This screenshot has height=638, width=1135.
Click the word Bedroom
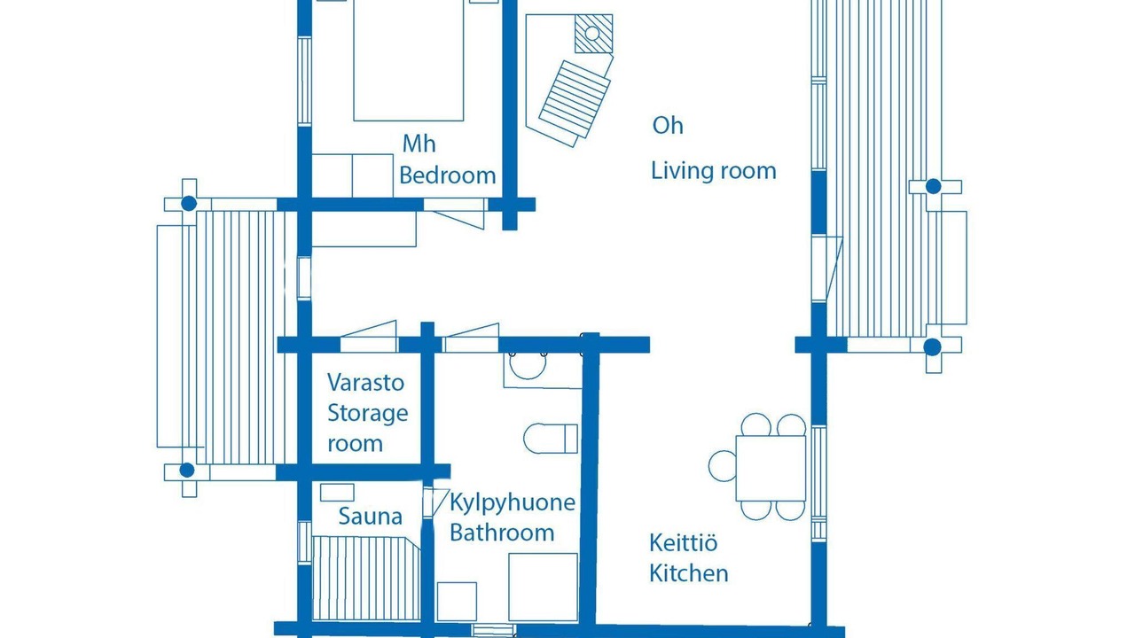coord(448,175)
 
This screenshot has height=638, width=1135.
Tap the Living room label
coord(714,171)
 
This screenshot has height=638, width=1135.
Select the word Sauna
coord(371,517)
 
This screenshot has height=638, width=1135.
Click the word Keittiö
coord(683,543)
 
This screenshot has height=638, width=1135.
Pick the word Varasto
coord(365,383)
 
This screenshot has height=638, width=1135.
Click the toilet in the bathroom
coord(551,439)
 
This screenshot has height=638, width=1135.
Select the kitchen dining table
coord(771,469)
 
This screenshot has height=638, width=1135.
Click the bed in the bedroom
coord(409,60)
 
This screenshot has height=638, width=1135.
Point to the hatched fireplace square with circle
coord(593,34)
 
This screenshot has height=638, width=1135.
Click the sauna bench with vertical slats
coord(366,579)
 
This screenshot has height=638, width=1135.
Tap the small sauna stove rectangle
coord(337,493)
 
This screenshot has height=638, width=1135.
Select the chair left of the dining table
coord(722,466)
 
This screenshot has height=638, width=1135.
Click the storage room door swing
coord(368,336)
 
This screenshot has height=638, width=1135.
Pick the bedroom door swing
coord(456,214)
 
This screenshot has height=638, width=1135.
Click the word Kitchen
coord(689,573)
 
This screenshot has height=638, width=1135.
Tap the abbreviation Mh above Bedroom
coord(419,144)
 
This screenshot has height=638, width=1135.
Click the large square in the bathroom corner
coord(544,587)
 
